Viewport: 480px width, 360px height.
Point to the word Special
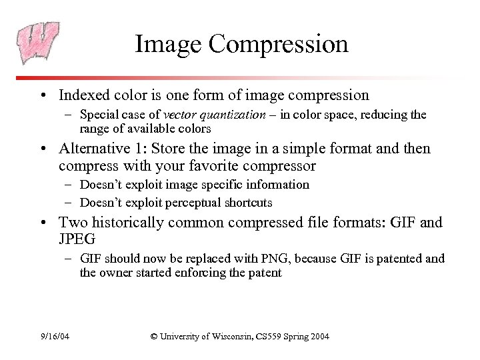101,115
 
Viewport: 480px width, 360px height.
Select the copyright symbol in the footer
154,336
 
